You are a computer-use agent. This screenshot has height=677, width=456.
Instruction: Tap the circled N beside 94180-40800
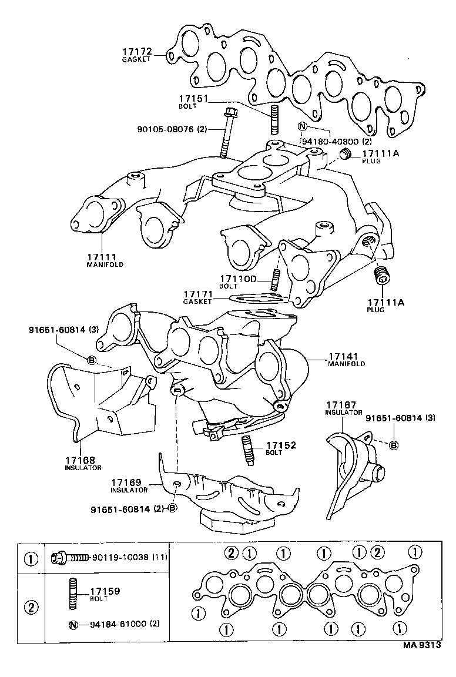click(303, 126)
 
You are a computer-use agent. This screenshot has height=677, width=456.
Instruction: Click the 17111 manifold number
click(102, 257)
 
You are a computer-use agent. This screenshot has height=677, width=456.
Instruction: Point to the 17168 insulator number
click(80, 460)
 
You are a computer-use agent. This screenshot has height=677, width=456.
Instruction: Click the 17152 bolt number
click(280, 446)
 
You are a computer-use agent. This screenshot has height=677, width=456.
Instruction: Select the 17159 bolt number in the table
click(104, 591)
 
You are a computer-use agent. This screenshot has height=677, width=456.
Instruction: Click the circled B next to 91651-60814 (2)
click(172, 508)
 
